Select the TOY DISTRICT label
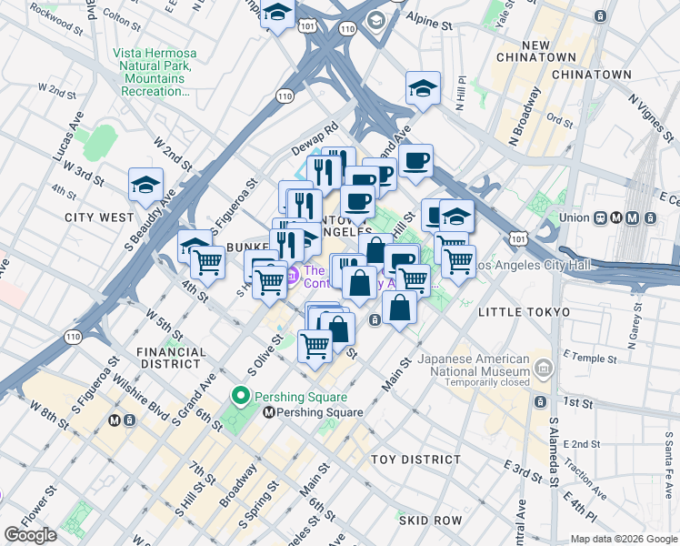pos(417,460)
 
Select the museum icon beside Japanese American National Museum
pos(544,368)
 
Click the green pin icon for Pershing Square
pos(241,396)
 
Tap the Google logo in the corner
pos(30,535)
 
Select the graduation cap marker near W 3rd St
pos(145,185)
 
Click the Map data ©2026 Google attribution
pos(623,539)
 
